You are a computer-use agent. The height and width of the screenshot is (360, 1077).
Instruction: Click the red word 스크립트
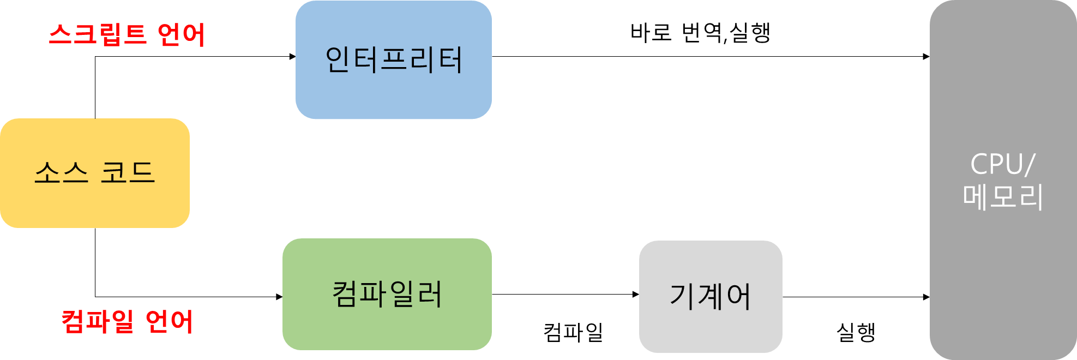[x=98, y=35]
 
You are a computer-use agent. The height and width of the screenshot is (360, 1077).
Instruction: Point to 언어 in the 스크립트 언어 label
[x=181, y=35]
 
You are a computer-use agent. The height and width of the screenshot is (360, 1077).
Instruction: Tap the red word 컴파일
[x=97, y=321]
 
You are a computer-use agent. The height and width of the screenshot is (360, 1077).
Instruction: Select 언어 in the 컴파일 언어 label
[x=170, y=321]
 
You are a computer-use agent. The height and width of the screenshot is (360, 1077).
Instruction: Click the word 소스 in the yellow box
[x=61, y=172]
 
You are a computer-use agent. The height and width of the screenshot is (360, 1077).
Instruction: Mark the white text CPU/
[x=1002, y=164]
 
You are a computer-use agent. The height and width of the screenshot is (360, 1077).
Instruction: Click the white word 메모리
[x=1003, y=197]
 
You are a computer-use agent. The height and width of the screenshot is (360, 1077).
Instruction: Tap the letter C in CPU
[x=980, y=164]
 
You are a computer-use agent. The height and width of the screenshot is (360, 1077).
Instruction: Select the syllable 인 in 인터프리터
[x=338, y=59]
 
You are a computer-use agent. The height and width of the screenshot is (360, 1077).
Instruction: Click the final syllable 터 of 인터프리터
[x=449, y=59]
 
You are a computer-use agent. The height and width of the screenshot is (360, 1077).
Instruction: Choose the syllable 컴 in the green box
[x=346, y=294]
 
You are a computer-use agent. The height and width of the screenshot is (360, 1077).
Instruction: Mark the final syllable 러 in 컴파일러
[x=429, y=294]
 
